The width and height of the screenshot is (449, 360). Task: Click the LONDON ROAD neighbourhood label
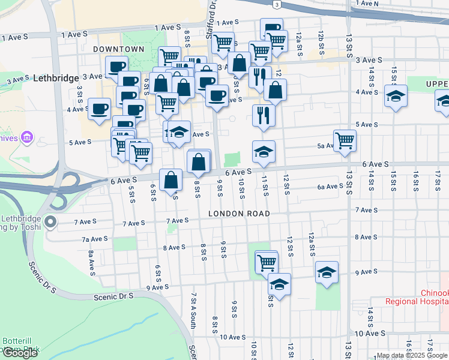coord(239,214)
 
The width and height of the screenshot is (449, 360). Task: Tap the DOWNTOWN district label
coord(119,49)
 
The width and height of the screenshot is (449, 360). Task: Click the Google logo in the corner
coord(20,353)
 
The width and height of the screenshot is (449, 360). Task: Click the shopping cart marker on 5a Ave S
coord(345,140)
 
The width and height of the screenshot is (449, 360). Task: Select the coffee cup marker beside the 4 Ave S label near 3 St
coord(99,109)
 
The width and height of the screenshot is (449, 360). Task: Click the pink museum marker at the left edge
coord(26,139)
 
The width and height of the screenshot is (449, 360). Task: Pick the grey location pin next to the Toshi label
coord(50,223)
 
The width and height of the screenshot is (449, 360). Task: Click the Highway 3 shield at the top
coord(276,4)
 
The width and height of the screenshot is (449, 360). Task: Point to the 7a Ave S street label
coord(95,239)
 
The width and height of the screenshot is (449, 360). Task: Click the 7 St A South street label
coord(194,311)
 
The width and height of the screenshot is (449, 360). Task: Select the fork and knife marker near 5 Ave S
coord(264,115)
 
